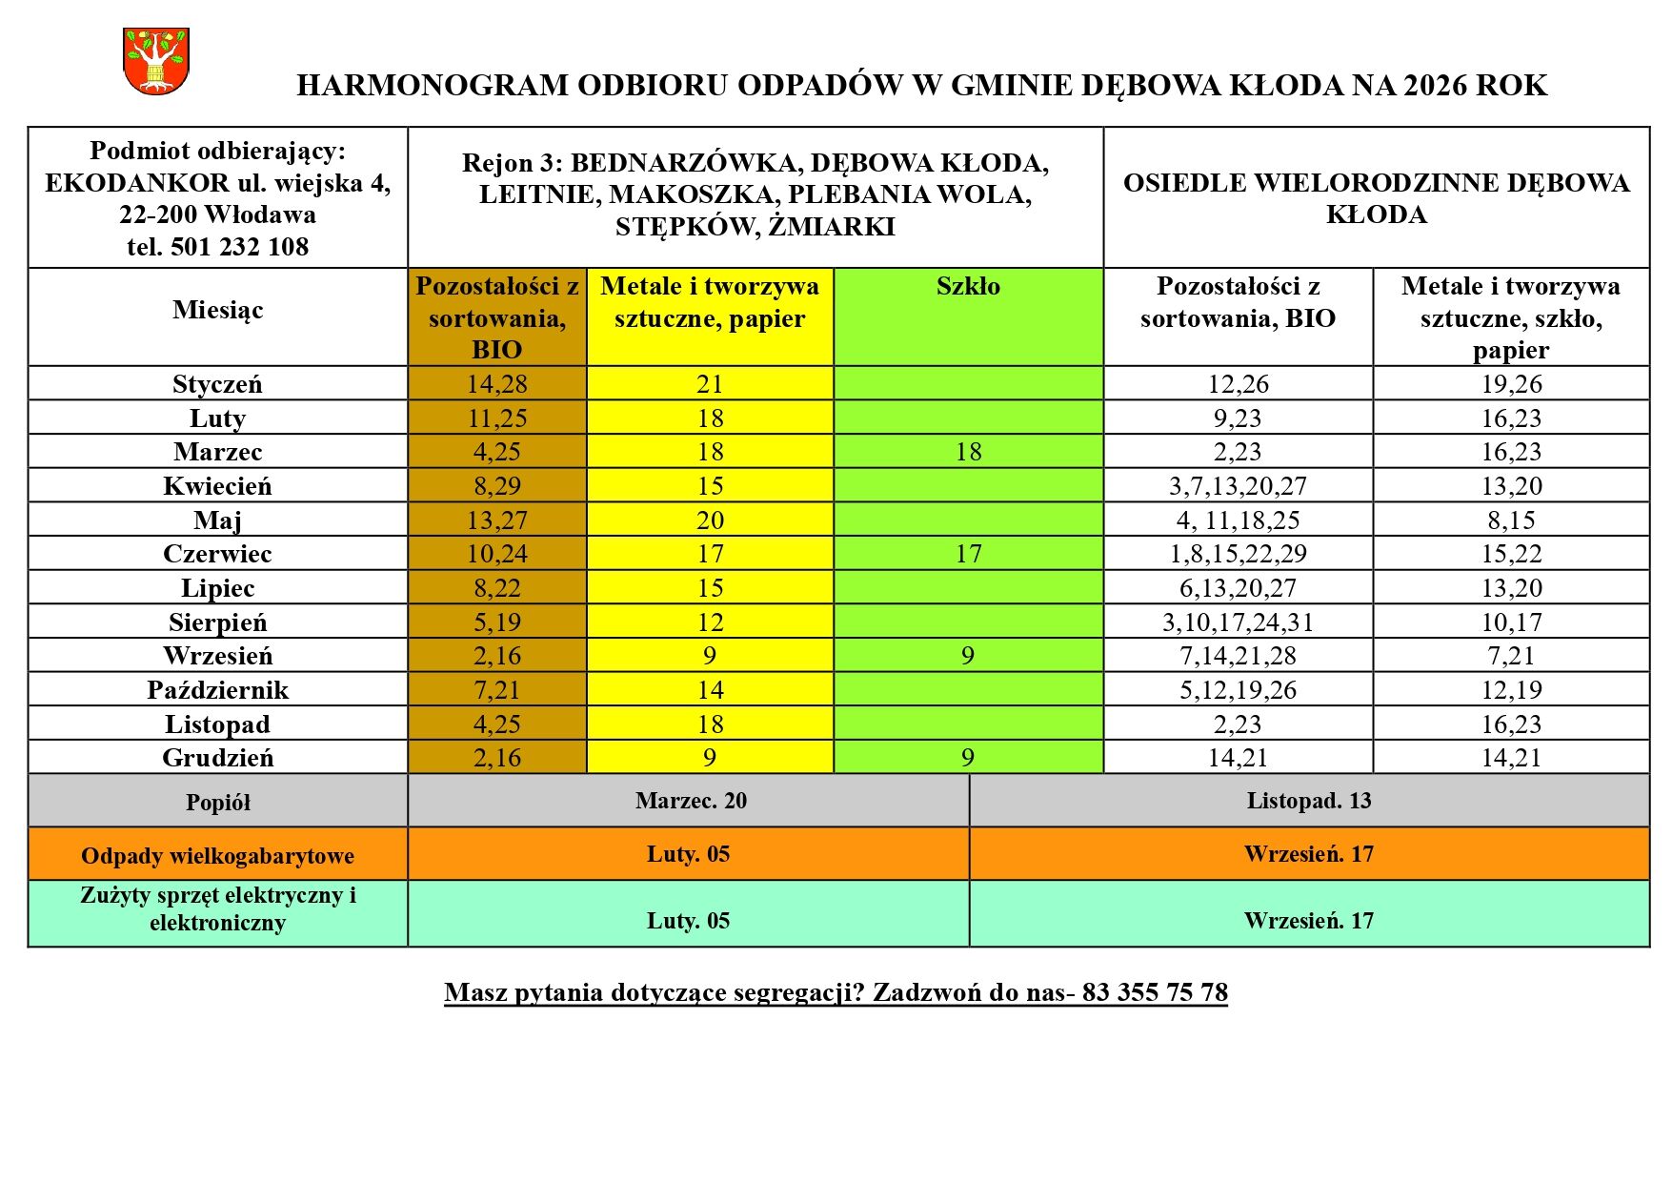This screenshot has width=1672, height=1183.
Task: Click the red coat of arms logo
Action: pyautogui.click(x=156, y=62)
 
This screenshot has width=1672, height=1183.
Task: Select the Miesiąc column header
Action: pyautogui.click(x=218, y=310)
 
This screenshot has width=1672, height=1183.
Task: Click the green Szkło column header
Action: pyautogui.click(x=968, y=287)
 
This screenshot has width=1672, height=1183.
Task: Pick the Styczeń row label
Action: pyautogui.click(x=217, y=384)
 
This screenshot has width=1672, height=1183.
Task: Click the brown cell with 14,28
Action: pyautogui.click(x=496, y=384)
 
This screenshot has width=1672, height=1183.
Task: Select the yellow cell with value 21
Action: pyautogui.click(x=710, y=384)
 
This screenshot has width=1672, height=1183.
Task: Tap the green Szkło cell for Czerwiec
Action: pyautogui.click(x=968, y=554)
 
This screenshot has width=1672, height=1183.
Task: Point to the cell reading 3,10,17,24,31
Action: pyautogui.click(x=1238, y=622)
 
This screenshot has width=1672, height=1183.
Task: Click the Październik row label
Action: pyautogui.click(x=217, y=690)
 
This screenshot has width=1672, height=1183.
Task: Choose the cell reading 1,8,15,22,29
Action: pyautogui.click(x=1238, y=554)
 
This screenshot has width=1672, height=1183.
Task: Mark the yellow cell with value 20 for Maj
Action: pyautogui.click(x=710, y=520)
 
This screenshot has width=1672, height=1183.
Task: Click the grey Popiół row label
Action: pyautogui.click(x=217, y=803)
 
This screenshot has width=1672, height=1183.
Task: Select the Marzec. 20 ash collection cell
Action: pyautogui.click(x=691, y=801)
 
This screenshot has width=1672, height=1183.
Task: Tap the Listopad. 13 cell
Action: pyautogui.click(x=1308, y=801)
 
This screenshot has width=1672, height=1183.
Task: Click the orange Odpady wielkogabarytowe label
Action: pyautogui.click(x=217, y=856)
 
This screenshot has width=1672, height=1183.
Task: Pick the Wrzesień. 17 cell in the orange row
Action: pyautogui.click(x=1308, y=854)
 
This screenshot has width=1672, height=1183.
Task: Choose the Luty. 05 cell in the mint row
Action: pyautogui.click(x=688, y=921)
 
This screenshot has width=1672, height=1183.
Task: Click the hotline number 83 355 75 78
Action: pyautogui.click(x=1155, y=993)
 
